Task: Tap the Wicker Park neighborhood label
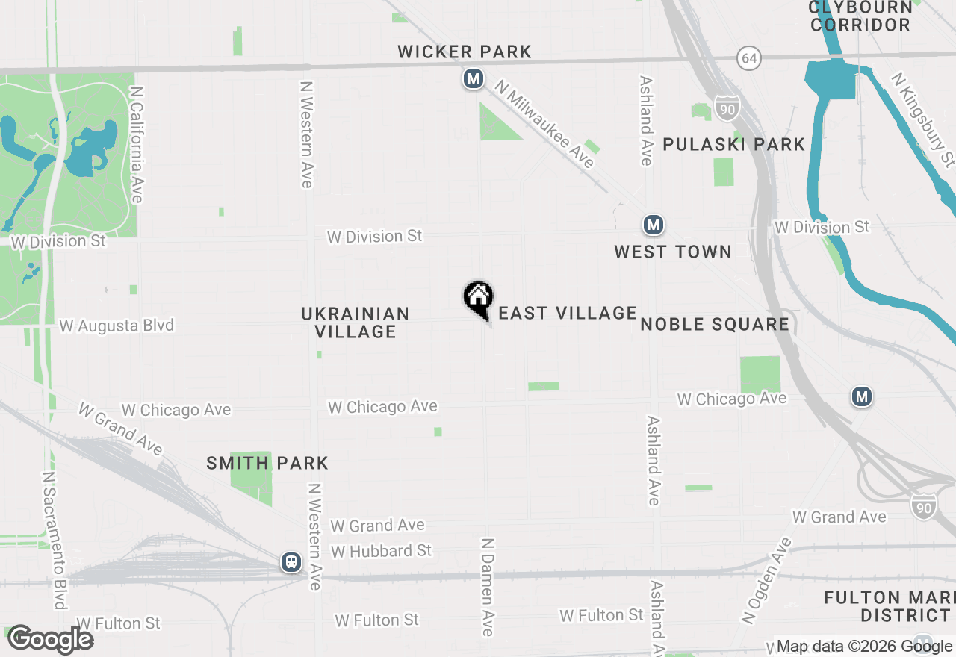pyautogui.click(x=465, y=52)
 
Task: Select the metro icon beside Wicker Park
pyautogui.click(x=473, y=78)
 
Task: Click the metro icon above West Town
pyautogui.click(x=654, y=225)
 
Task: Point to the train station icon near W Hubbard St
pyautogui.click(x=291, y=562)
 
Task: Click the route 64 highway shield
pyautogui.click(x=748, y=57)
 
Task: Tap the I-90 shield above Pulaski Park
pyautogui.click(x=727, y=108)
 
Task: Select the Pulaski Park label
pyautogui.click(x=734, y=144)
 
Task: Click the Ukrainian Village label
pyautogui.click(x=356, y=323)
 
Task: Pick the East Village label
pyautogui.click(x=568, y=313)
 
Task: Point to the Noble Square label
pyautogui.click(x=715, y=324)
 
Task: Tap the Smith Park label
pyautogui.click(x=267, y=463)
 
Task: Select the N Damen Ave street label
pyautogui.click(x=488, y=587)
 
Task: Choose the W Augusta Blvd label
pyautogui.click(x=117, y=326)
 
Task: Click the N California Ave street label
pyautogui.click(x=136, y=143)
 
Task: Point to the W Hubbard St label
pyautogui.click(x=382, y=551)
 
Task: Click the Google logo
pyautogui.click(x=51, y=639)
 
